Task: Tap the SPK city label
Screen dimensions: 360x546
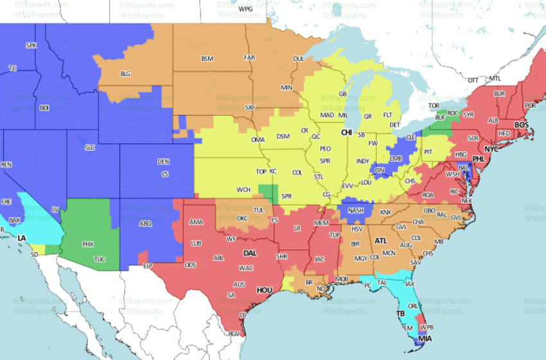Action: [31, 46]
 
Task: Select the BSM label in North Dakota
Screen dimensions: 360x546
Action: [207, 59]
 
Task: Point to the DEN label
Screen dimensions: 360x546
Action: [164, 161]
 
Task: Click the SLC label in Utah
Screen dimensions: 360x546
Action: [90, 147]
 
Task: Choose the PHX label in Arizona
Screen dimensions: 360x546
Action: [88, 244]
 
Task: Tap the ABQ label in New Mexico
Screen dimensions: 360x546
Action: [146, 224]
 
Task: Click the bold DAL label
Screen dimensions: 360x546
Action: [250, 253]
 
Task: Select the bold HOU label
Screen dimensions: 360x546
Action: [265, 290]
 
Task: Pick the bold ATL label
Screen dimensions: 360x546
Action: [381, 240]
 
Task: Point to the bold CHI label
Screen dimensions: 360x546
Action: [346, 132]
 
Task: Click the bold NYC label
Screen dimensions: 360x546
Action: [491, 148]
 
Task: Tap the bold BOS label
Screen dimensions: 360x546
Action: [522, 125]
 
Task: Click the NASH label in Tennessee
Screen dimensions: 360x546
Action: [357, 210]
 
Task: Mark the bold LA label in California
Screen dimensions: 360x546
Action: [22, 238]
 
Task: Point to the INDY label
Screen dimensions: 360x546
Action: [363, 161]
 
